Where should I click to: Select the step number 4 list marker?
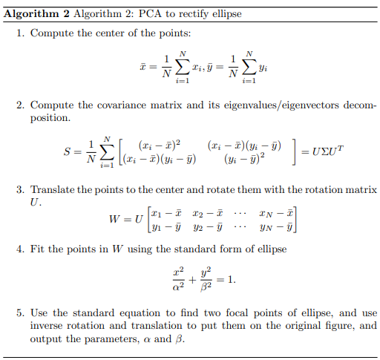(19, 249)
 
